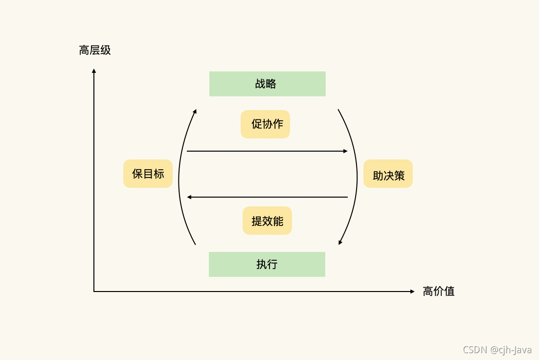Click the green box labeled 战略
point(267,84)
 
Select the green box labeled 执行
point(267,264)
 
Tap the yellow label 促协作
point(265,124)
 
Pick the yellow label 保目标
point(148,174)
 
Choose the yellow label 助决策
point(388,174)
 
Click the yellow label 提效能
point(267,221)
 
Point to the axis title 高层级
point(95,50)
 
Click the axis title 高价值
point(439,292)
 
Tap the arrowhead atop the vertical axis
point(94,71)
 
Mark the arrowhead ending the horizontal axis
point(412,292)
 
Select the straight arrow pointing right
point(267,151)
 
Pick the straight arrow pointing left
point(267,197)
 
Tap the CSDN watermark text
point(496,349)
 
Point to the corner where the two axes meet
point(94,292)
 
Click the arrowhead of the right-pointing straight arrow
point(345,151)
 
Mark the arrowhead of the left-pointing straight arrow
point(189,197)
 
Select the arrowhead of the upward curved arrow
point(195,111)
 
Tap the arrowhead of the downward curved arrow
point(340,242)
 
